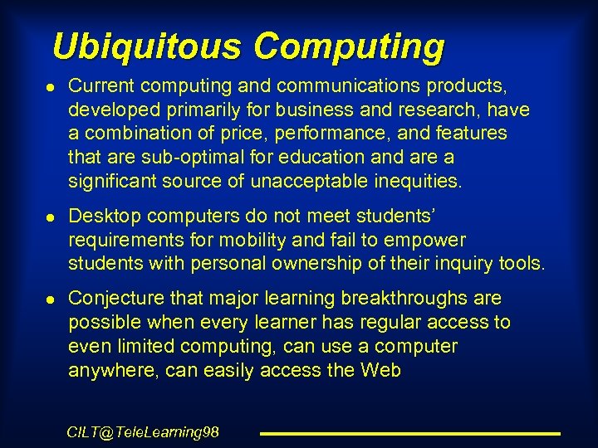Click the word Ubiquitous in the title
148,46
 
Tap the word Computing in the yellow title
349,47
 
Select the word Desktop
100,216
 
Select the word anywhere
114,370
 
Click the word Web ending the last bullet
380,370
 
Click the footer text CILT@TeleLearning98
143,431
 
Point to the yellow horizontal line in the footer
410,433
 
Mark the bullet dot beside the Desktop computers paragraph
52,217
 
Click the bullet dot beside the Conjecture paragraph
52,299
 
